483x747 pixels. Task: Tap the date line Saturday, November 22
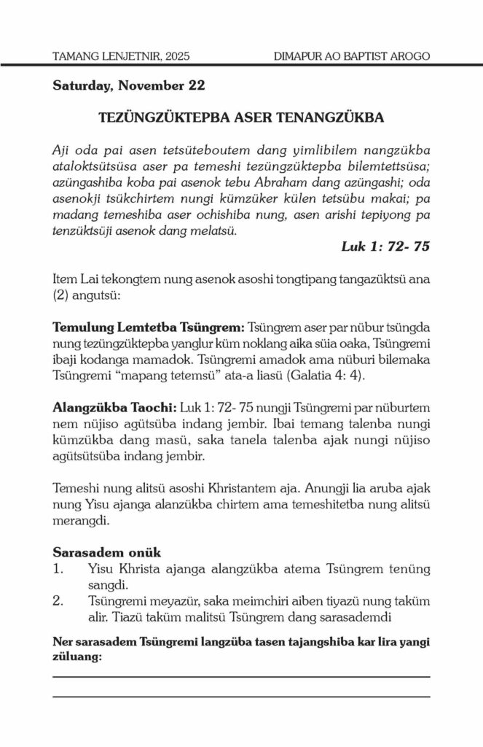(128, 85)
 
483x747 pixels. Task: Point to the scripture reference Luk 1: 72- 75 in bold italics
(385, 247)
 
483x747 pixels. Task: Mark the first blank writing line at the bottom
(241, 676)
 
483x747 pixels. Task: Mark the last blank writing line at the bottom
(241, 697)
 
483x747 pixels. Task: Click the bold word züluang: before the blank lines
(77, 656)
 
